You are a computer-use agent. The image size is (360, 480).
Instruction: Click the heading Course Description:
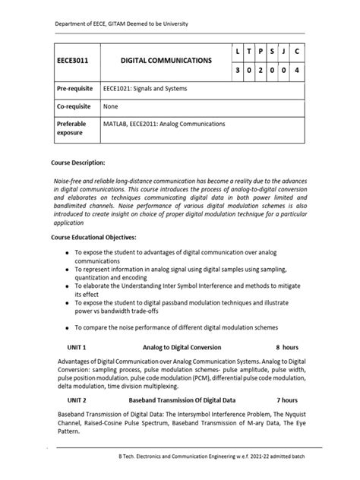(x=77, y=163)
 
